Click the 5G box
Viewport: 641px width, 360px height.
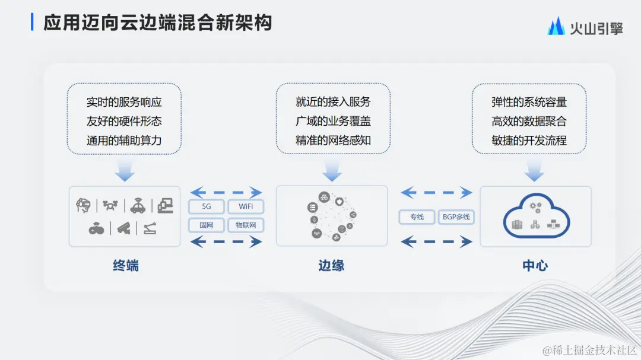click(207, 207)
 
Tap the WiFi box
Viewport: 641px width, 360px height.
click(246, 207)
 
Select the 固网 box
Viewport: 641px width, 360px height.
click(207, 225)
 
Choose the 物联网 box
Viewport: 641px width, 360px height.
click(246, 225)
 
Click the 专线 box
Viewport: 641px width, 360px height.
click(417, 217)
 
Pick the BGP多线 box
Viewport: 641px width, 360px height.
click(456, 217)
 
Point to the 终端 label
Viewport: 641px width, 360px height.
click(126, 266)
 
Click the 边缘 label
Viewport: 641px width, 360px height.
click(331, 266)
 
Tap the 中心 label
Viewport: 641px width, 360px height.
click(535, 266)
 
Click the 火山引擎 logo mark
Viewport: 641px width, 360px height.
click(556, 26)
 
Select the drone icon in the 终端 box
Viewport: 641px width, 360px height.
click(110, 205)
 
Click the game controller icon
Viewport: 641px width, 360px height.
click(96, 228)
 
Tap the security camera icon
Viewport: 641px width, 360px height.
click(123, 228)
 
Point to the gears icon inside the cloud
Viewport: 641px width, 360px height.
click(535, 208)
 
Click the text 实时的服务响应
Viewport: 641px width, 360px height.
click(124, 102)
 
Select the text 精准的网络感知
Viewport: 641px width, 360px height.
click(333, 141)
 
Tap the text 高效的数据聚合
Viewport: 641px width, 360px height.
click(529, 122)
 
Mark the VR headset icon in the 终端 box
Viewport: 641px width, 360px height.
click(84, 205)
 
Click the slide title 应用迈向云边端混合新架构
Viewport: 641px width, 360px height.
click(157, 23)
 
